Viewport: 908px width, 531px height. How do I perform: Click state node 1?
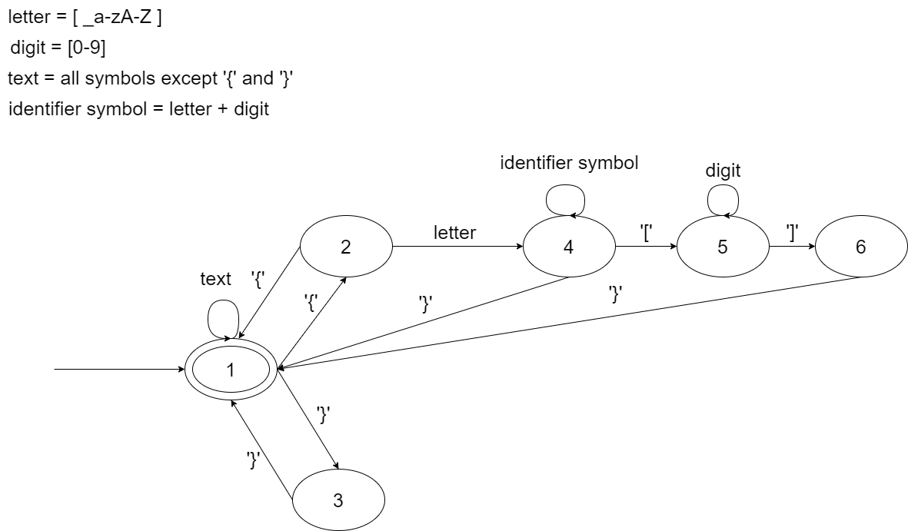click(231, 370)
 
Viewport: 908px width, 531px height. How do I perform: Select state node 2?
click(346, 247)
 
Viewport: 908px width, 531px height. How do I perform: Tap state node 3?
click(338, 500)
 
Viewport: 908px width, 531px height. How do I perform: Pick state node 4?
click(569, 247)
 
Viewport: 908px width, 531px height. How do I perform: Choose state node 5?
click(723, 247)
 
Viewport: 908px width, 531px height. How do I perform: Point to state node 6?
click(860, 247)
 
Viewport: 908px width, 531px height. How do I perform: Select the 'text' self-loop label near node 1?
click(215, 279)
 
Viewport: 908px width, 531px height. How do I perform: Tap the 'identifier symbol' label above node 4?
click(569, 163)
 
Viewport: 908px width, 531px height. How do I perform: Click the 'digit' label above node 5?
click(723, 171)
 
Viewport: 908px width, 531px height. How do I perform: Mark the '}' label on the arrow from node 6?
click(615, 294)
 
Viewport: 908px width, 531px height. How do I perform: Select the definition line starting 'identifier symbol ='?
click(138, 108)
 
